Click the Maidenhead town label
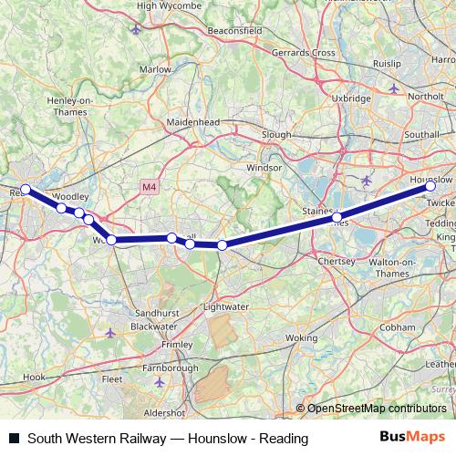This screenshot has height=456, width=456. click(x=191, y=120)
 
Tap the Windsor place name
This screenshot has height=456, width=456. click(x=265, y=169)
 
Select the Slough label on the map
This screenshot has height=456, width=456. click(x=276, y=134)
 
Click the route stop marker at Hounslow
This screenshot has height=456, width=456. click(x=431, y=185)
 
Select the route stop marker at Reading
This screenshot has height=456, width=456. click(x=26, y=190)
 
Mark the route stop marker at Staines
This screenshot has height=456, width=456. click(x=337, y=217)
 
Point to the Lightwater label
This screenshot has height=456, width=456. click(x=226, y=306)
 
